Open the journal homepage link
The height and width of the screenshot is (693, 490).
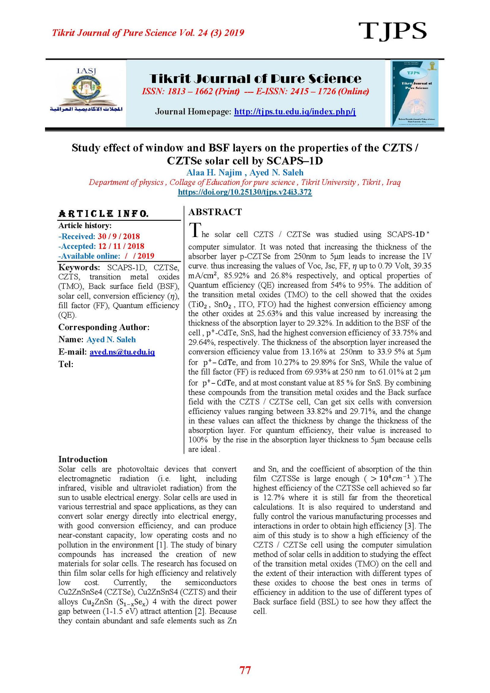coord(295,111)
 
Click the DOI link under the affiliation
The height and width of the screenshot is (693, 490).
coord(245,192)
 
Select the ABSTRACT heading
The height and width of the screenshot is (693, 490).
coord(215,212)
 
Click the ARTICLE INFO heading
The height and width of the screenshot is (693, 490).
coord(104,213)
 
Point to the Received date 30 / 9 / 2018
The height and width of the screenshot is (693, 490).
coord(119,236)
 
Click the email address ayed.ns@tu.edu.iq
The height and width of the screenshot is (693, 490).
coord(122,352)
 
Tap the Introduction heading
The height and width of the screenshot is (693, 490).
coord(83,459)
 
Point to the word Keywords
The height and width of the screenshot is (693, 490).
coord(79,267)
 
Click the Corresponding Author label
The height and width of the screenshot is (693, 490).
coord(104,327)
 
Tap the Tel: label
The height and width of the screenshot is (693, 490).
coord(66,364)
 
